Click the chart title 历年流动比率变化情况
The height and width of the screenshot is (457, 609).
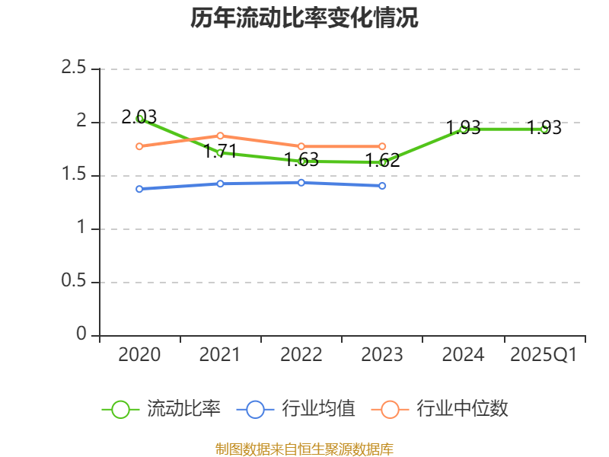pyautogui.click(x=304, y=18)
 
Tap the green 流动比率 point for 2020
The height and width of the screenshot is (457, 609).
pyautogui.click(x=139, y=118)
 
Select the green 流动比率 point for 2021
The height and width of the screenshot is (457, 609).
pyautogui.click(x=220, y=152)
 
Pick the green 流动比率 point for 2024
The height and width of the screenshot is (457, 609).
pyautogui.click(x=463, y=129)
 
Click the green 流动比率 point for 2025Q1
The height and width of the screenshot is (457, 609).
pyautogui.click(x=544, y=129)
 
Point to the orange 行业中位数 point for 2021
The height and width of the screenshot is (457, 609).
pyautogui.click(x=220, y=136)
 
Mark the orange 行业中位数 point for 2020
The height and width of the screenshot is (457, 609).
pyautogui.click(x=139, y=146)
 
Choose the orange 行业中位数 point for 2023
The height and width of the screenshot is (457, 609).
pyautogui.click(x=382, y=146)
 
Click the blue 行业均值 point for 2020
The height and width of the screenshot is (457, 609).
pyautogui.click(x=139, y=189)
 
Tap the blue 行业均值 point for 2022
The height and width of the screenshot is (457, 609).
pyautogui.click(x=301, y=183)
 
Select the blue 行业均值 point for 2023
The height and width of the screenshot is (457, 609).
pyautogui.click(x=382, y=186)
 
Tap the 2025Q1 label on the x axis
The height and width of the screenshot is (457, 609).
pyautogui.click(x=544, y=355)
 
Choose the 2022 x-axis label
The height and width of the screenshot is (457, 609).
pyautogui.click(x=301, y=355)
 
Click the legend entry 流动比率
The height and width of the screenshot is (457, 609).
pyautogui.click(x=183, y=409)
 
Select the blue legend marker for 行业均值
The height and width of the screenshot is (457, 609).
pyautogui.click(x=255, y=409)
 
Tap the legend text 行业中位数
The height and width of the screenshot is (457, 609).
pyautogui.click(x=462, y=409)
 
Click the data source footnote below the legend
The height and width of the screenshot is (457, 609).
pyautogui.click(x=304, y=449)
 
